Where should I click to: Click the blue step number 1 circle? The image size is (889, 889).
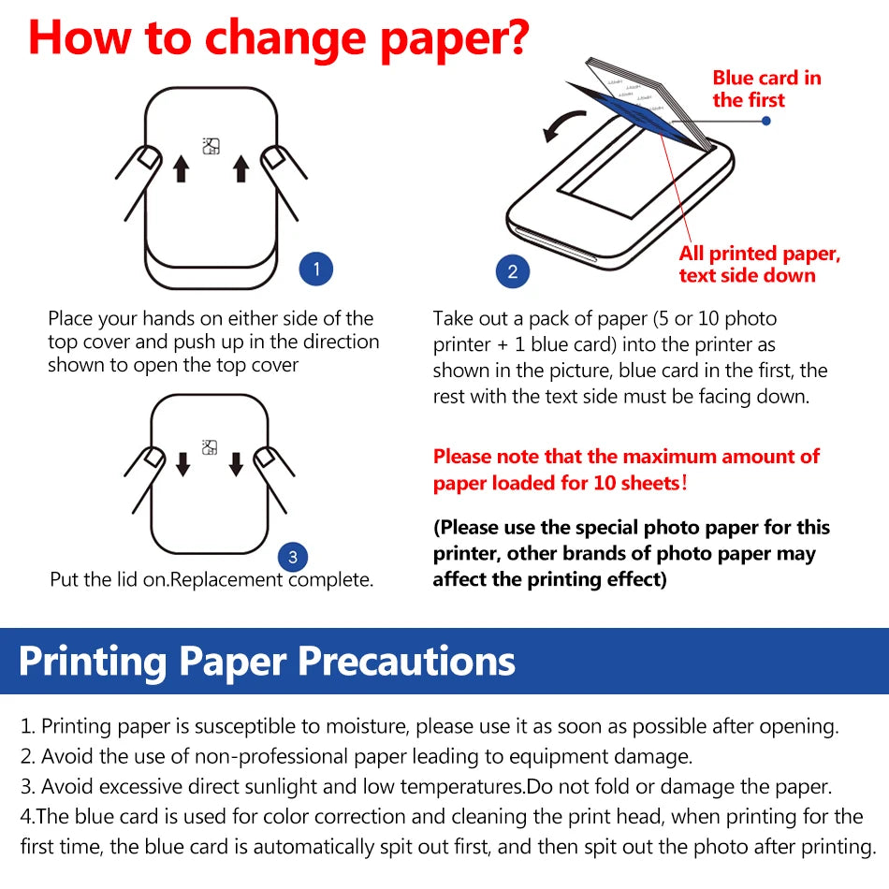[316, 270]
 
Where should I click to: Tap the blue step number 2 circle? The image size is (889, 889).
[512, 272]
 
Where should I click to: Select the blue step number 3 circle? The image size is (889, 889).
[293, 558]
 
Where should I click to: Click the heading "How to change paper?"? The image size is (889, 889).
[279, 38]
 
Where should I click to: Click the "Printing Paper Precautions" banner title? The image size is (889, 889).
[267, 661]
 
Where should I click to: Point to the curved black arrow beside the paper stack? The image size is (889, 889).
[563, 124]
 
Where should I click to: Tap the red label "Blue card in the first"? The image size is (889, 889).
[766, 89]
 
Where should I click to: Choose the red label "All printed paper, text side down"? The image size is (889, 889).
[759, 264]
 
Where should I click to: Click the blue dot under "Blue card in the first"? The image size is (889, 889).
[766, 121]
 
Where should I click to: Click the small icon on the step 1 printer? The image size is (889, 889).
[211, 145]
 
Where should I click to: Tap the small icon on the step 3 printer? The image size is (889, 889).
[210, 447]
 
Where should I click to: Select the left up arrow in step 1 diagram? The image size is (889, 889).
[182, 169]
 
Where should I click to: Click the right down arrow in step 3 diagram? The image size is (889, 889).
[236, 463]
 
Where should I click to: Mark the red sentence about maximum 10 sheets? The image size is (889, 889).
[625, 470]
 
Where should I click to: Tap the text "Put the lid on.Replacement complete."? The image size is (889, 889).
[211, 580]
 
